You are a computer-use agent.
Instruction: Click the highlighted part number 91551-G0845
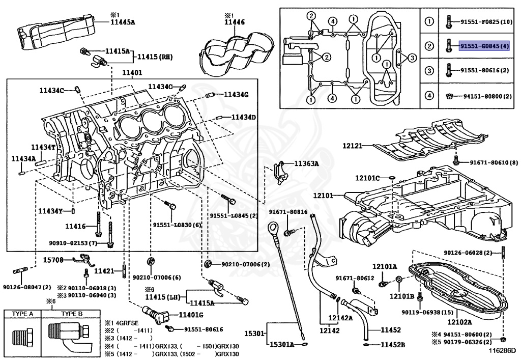tap(484, 46)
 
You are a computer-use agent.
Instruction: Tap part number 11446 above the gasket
tap(234, 22)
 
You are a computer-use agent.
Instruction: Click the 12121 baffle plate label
tap(352, 146)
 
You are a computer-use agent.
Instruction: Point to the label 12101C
tap(367, 178)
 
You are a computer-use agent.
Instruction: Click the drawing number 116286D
tap(503, 350)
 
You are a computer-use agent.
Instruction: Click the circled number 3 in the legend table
tap(429, 70)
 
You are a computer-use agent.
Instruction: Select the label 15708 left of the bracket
tap(53, 260)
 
